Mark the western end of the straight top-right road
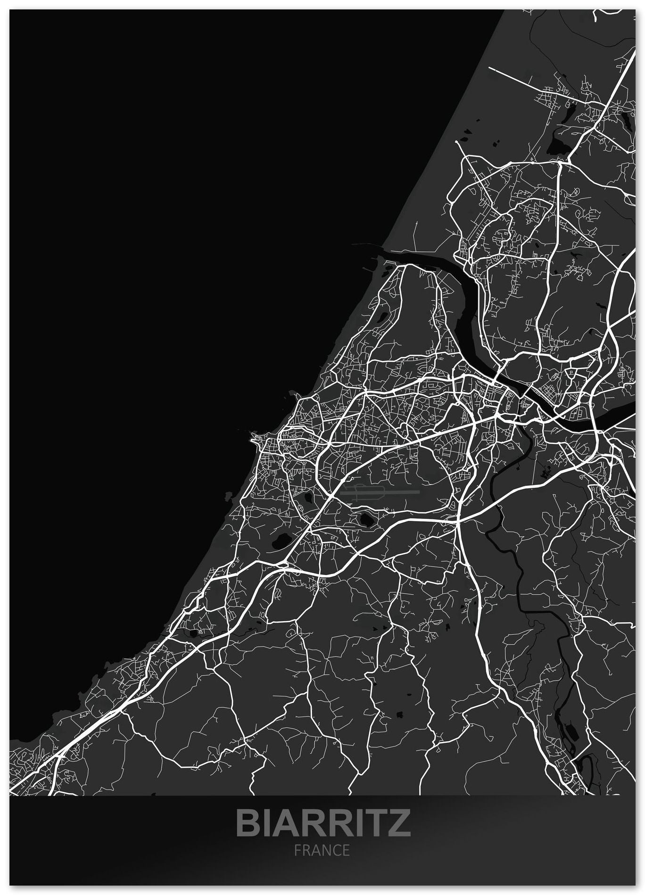coord(489,68)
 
